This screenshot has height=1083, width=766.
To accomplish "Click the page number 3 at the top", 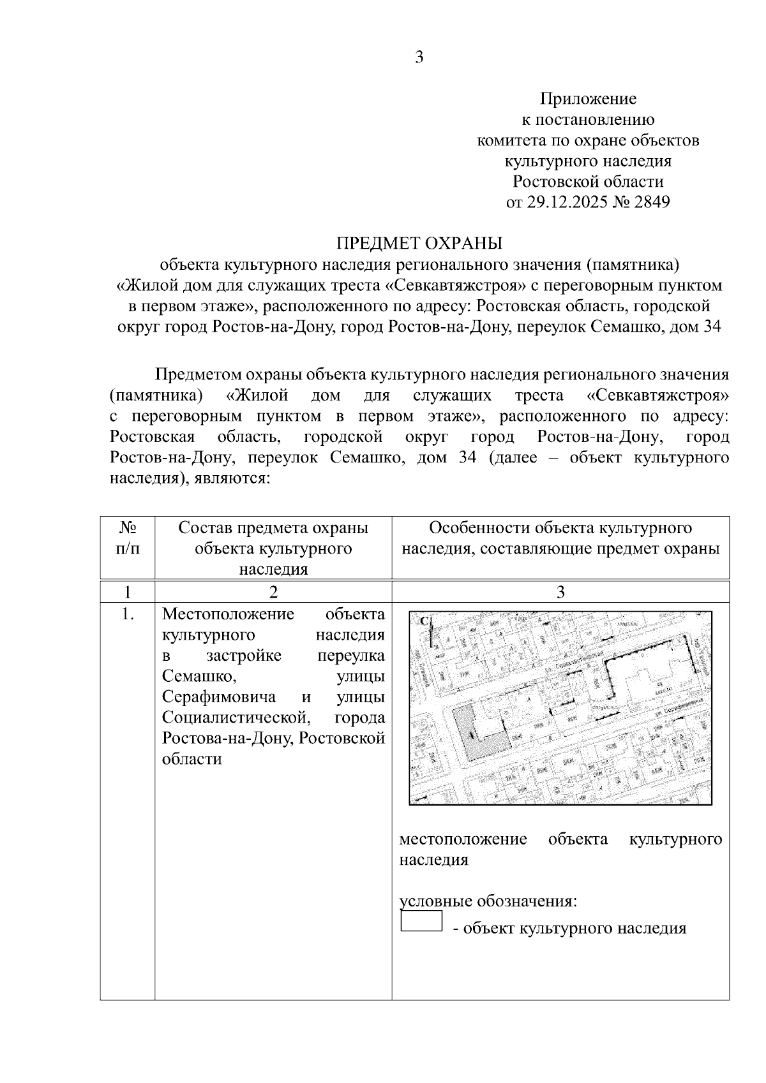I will click(419, 57).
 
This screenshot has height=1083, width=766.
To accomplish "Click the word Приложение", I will click(588, 99).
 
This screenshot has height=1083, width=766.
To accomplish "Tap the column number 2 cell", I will click(273, 592).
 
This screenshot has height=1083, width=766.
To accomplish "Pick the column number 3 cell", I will click(560, 592).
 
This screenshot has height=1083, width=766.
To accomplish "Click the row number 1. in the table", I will click(128, 614).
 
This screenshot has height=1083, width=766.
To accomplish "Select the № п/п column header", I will click(128, 538).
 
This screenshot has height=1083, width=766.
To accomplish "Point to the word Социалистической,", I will click(236, 718).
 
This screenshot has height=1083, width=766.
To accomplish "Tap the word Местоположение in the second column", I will click(228, 614).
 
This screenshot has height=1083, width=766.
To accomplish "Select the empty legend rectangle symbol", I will click(421, 921).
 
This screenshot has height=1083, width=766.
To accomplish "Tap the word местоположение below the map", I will click(463, 839).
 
